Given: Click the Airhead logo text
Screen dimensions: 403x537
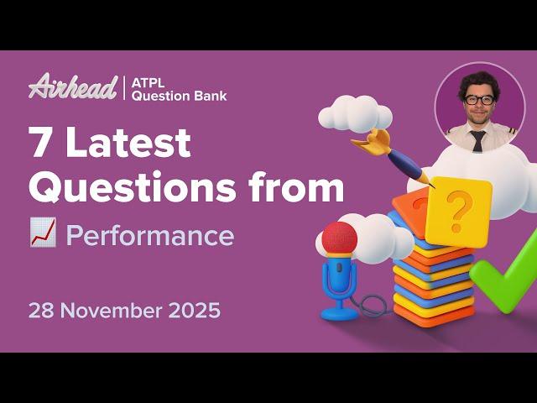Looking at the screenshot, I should click(x=72, y=86).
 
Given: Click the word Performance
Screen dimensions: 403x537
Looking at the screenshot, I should click(x=149, y=236).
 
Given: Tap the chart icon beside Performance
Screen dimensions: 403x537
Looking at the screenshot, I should click(x=42, y=236).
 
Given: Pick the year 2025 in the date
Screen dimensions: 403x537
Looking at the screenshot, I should click(x=195, y=310).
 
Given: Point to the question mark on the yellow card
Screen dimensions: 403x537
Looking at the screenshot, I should click(x=457, y=211).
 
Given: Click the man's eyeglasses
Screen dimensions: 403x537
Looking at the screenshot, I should click(x=479, y=100).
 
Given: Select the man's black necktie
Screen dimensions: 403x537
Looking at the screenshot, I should click(x=478, y=139).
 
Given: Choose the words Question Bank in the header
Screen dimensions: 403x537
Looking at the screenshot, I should click(x=180, y=95).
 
